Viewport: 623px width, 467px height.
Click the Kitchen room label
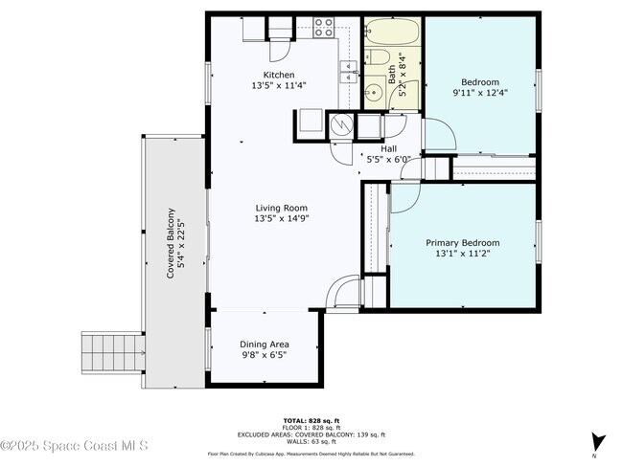[x=279, y=75]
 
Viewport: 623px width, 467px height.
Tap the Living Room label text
[x=281, y=208]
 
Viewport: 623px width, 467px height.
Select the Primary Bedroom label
[x=462, y=243]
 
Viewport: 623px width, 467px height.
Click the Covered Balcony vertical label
[x=171, y=243]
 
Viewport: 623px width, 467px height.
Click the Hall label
[x=388, y=148]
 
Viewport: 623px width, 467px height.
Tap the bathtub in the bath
[x=393, y=33]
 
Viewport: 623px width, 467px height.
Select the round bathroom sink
[x=373, y=94]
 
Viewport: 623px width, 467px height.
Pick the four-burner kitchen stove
[x=324, y=27]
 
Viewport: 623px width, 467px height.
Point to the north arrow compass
[x=599, y=442]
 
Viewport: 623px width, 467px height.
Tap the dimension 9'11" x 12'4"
[x=480, y=93]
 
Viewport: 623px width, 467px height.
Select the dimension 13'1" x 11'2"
[x=462, y=256]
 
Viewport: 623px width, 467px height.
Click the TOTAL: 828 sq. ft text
[x=311, y=420]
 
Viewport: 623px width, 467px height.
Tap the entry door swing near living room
[x=341, y=291]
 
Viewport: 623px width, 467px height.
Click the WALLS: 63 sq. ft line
[x=311, y=443]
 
